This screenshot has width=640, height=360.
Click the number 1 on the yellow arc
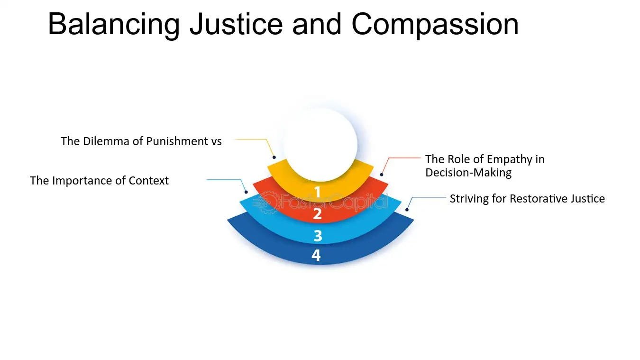click(317, 192)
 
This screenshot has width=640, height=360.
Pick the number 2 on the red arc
click(317, 214)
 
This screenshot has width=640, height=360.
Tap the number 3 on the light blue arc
click(318, 235)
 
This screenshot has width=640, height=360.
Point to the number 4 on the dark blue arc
click(316, 256)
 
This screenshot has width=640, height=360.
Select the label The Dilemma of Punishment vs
click(141, 141)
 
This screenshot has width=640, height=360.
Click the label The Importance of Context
click(99, 180)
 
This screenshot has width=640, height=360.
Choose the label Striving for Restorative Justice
click(527, 198)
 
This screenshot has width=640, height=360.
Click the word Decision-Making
click(468, 172)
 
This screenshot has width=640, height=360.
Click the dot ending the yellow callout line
click(274, 157)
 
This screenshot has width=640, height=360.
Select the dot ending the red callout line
click(382, 175)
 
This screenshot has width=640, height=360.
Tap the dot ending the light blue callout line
click(246, 192)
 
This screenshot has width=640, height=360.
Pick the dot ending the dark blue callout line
click(407, 209)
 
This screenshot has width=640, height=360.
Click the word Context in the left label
click(149, 180)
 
